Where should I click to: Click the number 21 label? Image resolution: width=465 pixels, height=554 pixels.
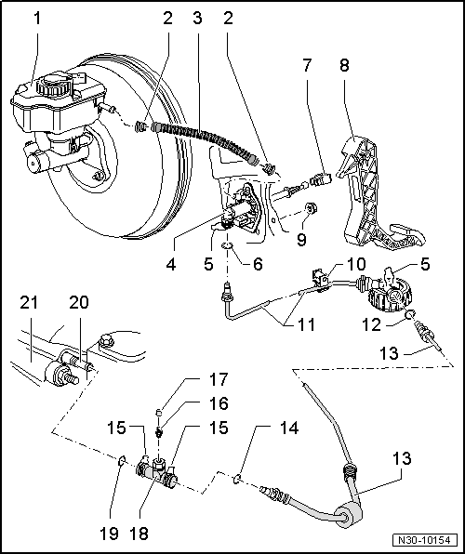pyautogui.click(x=30, y=302)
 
